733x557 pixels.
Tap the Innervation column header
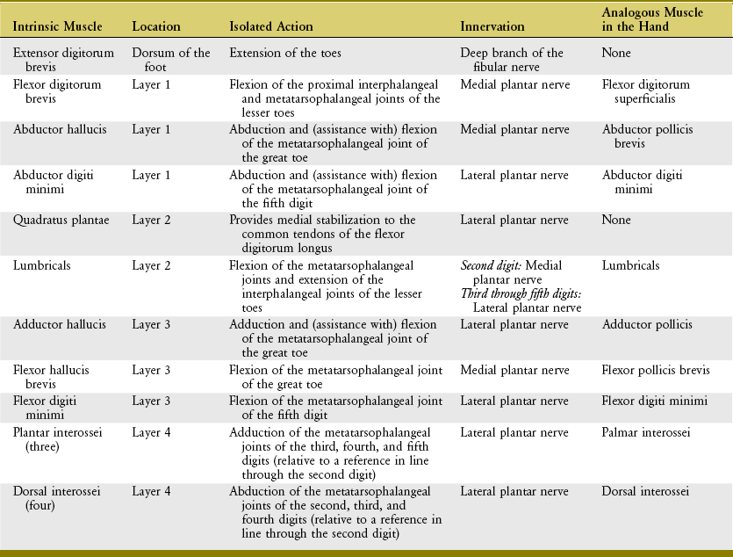tap(492, 27)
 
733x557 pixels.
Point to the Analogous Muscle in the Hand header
tap(647, 20)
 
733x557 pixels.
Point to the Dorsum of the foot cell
tap(171, 60)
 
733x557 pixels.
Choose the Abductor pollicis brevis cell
tap(647, 136)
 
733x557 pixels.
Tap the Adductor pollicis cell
tap(647, 325)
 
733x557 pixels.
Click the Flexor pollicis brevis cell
tap(655, 371)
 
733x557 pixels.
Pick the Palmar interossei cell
tap(646, 432)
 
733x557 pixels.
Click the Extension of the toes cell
tap(285, 54)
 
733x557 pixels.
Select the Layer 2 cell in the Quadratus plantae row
tap(151, 220)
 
